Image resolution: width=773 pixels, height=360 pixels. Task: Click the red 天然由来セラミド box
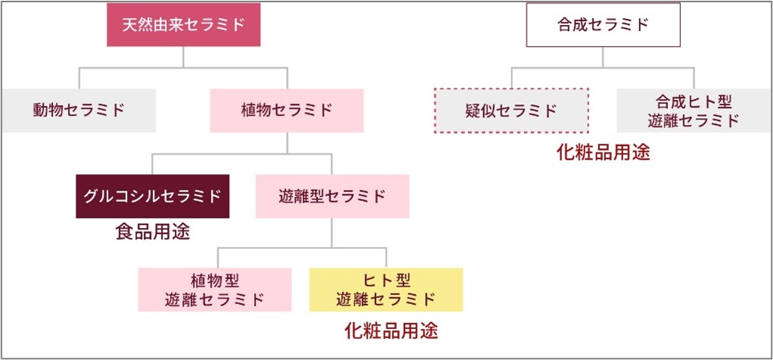(x=183, y=25)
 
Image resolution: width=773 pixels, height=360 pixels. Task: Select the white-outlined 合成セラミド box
(x=604, y=25)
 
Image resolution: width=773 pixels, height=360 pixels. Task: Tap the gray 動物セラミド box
(x=79, y=110)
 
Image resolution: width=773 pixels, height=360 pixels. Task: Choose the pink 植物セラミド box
(x=287, y=110)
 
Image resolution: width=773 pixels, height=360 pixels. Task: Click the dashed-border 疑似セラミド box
(x=511, y=110)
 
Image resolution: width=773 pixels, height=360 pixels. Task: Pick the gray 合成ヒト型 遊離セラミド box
(x=694, y=110)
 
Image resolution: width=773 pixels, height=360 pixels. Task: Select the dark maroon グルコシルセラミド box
(x=152, y=197)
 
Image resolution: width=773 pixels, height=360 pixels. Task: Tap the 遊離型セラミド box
(x=332, y=197)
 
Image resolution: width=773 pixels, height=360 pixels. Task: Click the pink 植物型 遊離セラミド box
(x=215, y=290)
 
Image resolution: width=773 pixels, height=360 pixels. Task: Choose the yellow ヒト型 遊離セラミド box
(x=386, y=290)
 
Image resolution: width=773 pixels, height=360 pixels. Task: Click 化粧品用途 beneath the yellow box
(x=392, y=331)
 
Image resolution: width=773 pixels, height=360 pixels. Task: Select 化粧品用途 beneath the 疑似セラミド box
(x=604, y=153)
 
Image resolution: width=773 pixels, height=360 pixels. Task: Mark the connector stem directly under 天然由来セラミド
(x=183, y=57)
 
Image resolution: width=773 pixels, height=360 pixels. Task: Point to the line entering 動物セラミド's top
(x=79, y=78)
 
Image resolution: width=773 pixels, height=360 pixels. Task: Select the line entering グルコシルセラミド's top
(x=152, y=164)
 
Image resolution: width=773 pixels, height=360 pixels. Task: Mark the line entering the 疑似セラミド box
(x=511, y=78)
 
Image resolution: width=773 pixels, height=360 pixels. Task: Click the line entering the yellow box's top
(x=386, y=258)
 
